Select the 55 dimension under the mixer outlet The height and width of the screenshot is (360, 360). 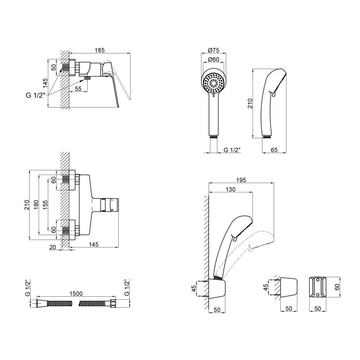77,89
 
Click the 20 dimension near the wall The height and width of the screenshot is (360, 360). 53,247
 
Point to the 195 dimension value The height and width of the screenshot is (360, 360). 240,180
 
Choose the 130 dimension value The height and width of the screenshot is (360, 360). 231,189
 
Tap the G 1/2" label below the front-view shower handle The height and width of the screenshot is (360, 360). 232,151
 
